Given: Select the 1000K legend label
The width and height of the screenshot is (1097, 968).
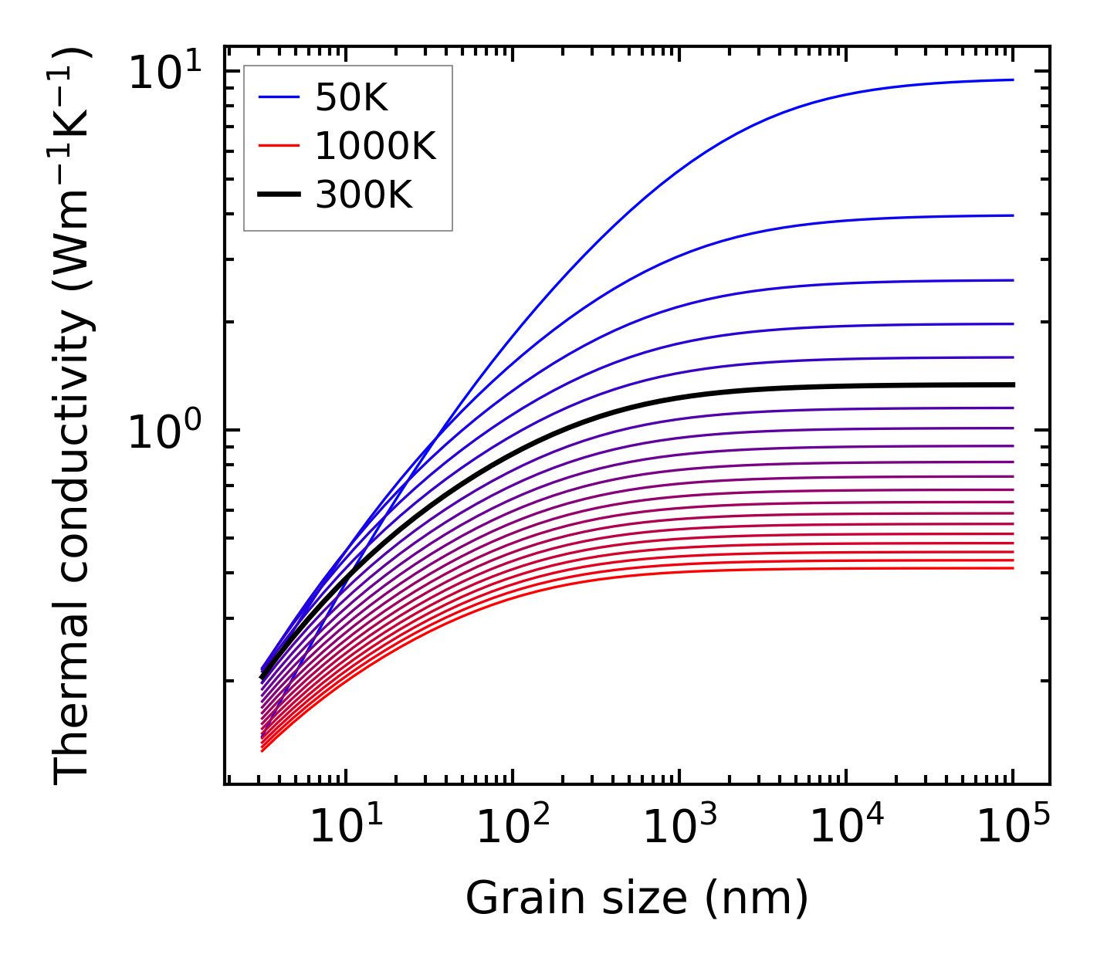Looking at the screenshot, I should (375, 146).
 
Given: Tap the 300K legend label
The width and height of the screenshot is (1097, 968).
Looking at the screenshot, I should (364, 195).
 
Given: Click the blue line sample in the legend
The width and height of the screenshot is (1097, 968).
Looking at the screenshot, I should (278, 97).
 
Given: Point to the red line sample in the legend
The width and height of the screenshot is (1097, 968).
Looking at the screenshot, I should (278, 146).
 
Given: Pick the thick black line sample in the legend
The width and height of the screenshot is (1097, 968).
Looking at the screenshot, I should (278, 195).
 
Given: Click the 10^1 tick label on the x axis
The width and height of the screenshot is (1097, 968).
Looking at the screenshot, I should (346, 828).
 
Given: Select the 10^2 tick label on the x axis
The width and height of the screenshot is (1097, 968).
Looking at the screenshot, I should (513, 828).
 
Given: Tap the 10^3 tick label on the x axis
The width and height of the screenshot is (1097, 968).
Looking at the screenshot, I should (679, 828).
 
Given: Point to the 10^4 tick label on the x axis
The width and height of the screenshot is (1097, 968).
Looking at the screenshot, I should (846, 828).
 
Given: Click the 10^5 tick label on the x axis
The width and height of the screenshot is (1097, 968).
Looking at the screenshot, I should (1013, 828).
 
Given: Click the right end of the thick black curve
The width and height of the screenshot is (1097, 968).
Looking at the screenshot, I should (1012, 384).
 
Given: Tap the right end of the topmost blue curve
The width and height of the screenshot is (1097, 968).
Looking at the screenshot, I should (1012, 80).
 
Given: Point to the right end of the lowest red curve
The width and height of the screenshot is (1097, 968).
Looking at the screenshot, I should (1012, 568).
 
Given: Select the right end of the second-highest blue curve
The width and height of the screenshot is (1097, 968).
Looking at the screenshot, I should (1012, 215).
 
